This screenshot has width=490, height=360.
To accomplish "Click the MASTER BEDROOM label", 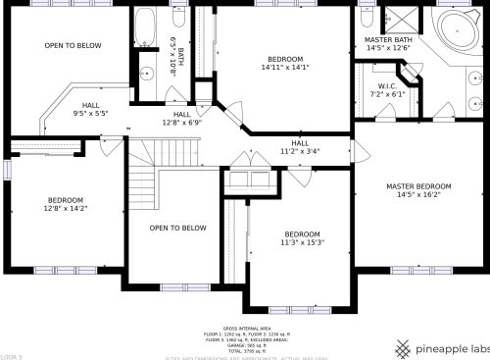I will click(x=418, y=186).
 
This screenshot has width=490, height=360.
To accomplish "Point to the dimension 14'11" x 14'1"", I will click(x=284, y=68).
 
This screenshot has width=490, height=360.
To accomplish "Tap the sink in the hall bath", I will click(x=146, y=73).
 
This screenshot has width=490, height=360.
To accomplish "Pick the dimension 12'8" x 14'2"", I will click(x=66, y=208).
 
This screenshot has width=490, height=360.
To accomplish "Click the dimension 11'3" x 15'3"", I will click(x=303, y=242).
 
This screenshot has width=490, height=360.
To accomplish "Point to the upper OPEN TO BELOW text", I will click(x=73, y=45).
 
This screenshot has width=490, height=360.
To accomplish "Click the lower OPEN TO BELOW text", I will click(x=177, y=228).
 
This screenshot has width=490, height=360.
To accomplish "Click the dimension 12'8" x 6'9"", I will click(x=181, y=123).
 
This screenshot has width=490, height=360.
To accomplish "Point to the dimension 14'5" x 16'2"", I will click(x=418, y=195).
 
